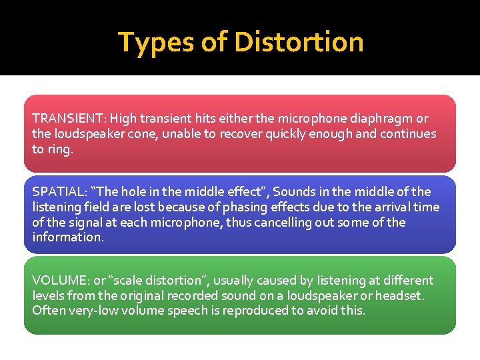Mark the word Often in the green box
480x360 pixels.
click(x=49, y=310)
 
